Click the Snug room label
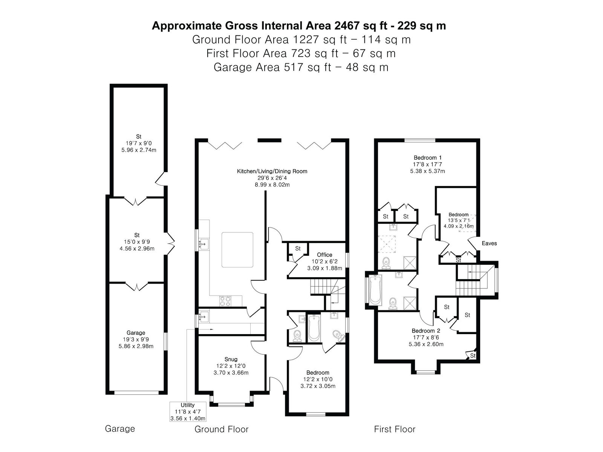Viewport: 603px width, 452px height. coord(231,359)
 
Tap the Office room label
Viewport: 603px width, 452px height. coord(324,255)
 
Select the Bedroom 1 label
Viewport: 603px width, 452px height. coord(427,157)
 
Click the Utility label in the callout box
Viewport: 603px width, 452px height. coord(188,405)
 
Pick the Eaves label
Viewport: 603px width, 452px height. coord(489,243)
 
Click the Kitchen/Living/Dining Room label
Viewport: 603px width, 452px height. coord(272,171)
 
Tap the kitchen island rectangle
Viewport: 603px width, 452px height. coord(237,250)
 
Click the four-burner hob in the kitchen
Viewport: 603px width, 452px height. coord(225,301)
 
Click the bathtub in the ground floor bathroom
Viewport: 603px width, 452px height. coord(314,328)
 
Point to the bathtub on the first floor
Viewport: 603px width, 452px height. coord(375,291)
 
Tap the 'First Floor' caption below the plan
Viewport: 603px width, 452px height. coord(395,429)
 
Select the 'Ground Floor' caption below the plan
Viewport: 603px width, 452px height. coord(222,429)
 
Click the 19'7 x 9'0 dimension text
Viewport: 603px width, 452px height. coord(139,143)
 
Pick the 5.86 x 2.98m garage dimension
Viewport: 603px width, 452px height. coord(136,346)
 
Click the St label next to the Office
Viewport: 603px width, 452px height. coord(298,249)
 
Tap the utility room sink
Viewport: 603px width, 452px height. coord(204,317)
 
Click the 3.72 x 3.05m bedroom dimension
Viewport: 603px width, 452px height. coord(318,386)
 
